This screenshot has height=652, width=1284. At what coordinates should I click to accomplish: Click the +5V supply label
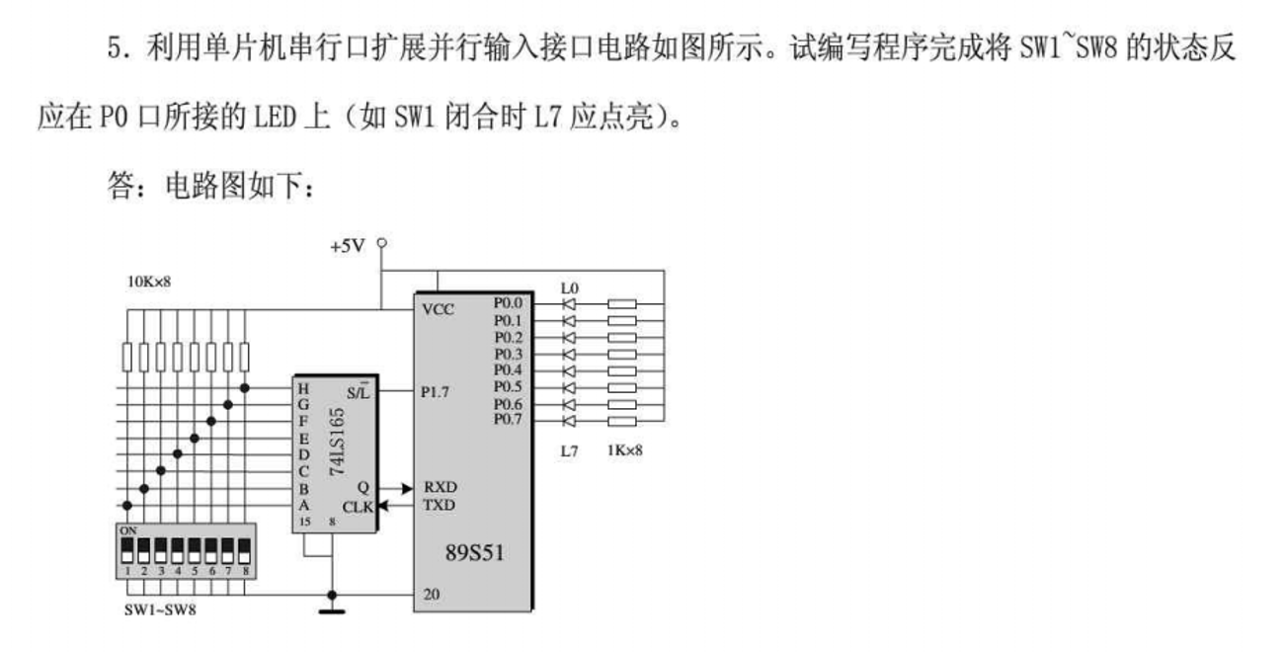point(348,246)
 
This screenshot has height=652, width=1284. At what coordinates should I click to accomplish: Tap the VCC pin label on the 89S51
point(438,309)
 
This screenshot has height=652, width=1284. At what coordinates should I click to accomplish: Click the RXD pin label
point(440,487)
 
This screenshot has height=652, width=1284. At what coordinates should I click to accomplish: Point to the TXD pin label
point(440,504)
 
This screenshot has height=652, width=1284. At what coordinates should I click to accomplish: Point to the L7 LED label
point(569,450)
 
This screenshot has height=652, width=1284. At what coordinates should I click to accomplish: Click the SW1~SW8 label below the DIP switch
point(159,610)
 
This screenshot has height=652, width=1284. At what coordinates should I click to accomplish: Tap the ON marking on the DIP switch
point(127,530)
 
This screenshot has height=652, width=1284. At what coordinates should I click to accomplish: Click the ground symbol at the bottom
point(332,610)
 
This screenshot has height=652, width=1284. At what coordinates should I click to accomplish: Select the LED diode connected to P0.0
point(569,304)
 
